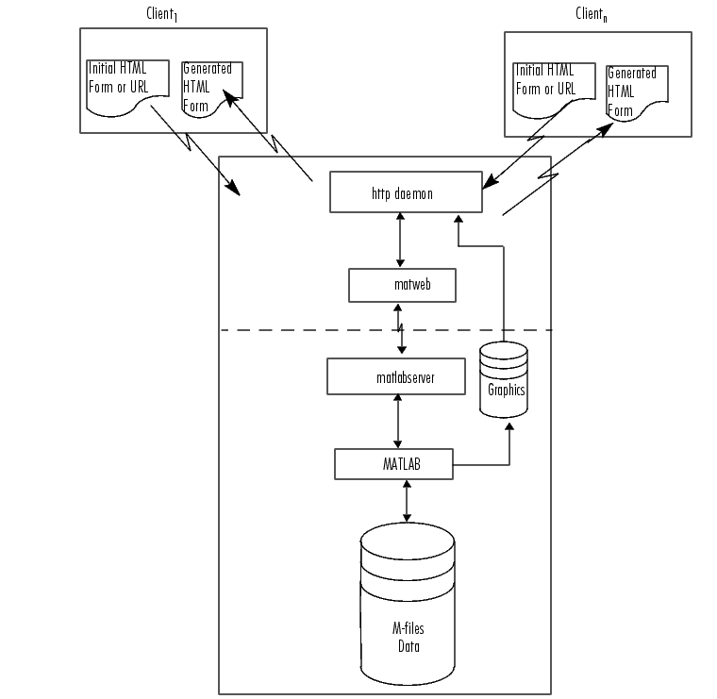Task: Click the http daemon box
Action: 406,192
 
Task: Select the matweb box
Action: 402,285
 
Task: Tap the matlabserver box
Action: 396,376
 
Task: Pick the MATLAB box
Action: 393,464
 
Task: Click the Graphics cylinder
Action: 504,379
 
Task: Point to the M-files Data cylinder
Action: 408,604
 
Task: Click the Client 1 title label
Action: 161,14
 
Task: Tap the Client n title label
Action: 592,14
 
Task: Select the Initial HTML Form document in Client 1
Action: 127,88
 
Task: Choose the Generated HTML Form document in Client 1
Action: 212,90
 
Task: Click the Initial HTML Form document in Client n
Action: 554,90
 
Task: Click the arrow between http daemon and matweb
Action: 400,240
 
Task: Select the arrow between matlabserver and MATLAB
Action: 397,422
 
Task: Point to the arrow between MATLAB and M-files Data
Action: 407,501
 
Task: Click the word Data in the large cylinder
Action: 409,646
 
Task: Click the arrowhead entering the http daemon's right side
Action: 490,181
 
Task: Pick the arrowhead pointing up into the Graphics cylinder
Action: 509,426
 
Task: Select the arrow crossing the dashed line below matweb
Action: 400,328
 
